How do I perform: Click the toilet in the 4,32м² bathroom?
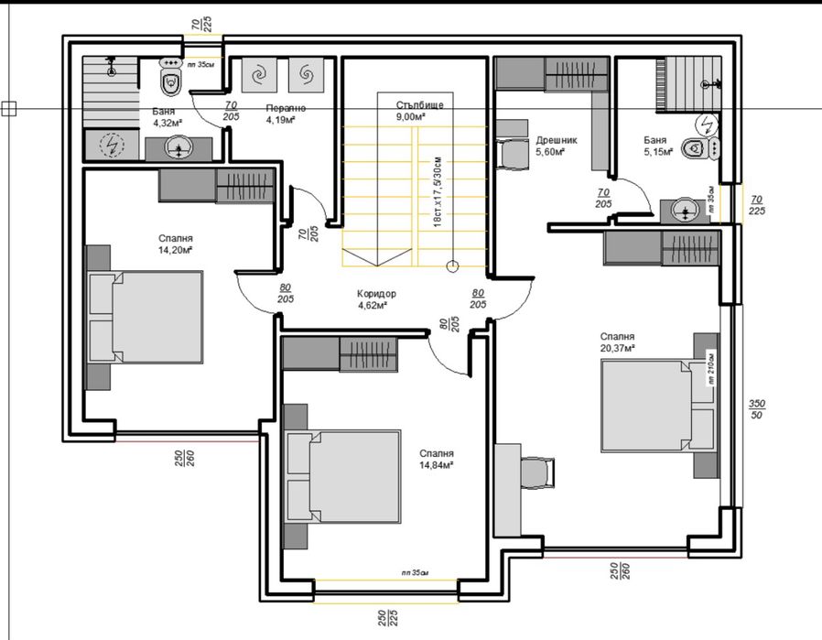(x=171, y=81)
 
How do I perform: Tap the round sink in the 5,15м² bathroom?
(x=685, y=211)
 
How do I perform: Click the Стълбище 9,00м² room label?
(x=420, y=111)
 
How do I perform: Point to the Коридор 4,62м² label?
(x=372, y=299)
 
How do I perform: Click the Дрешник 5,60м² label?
(x=556, y=146)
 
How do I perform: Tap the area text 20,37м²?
(x=618, y=348)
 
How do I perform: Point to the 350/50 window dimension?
(x=757, y=408)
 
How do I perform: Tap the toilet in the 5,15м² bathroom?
(x=702, y=147)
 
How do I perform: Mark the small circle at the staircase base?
(x=451, y=267)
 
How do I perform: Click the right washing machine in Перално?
(x=305, y=74)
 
